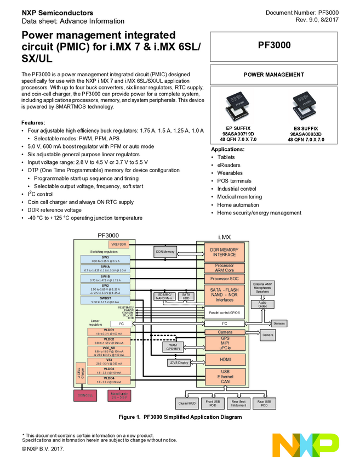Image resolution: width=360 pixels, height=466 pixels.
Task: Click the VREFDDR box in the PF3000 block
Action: coord(119,243)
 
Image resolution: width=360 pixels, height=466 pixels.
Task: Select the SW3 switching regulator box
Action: coord(104,259)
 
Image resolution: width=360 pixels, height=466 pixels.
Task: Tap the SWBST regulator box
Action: coord(104,299)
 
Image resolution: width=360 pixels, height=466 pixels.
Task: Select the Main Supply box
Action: coord(119,395)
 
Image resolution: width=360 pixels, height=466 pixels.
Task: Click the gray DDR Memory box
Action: coord(165,252)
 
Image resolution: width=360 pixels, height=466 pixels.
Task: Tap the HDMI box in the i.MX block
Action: coord(225,359)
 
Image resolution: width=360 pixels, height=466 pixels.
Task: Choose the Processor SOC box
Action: coord(225,279)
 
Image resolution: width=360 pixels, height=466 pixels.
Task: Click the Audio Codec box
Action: coord(262,303)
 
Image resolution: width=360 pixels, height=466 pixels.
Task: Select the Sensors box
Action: coord(279,323)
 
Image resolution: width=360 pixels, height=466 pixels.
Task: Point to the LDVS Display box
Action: coord(178,362)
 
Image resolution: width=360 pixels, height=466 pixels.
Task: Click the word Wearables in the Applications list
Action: coord(230,173)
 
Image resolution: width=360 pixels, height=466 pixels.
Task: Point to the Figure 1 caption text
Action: coord(180,417)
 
